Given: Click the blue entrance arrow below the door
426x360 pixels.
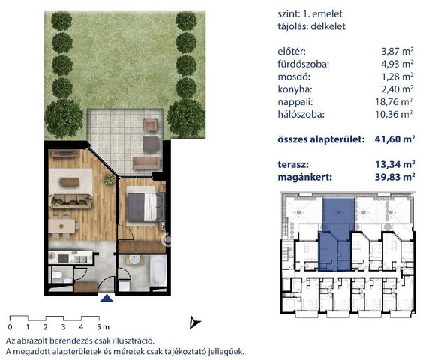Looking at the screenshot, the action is (x=106, y=298).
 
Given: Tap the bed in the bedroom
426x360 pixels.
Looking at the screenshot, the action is (x=146, y=207).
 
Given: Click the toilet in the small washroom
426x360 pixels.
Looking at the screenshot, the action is (x=57, y=275).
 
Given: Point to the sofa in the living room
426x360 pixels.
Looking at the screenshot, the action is (x=71, y=201).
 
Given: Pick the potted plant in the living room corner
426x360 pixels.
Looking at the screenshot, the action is (x=110, y=180).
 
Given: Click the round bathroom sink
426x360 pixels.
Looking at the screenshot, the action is (x=134, y=259).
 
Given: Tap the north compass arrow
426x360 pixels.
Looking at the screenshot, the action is (x=194, y=322).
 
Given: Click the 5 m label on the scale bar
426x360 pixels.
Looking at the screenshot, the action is (x=103, y=327).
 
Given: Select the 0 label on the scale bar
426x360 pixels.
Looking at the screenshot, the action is (x=10, y=327).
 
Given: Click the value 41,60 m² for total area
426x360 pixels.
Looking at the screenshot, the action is (x=394, y=139).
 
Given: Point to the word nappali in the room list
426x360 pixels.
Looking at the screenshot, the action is (x=295, y=102).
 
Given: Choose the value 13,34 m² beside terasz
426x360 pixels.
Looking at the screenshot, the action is (x=395, y=164).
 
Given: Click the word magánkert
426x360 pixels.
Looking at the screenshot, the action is (x=304, y=178).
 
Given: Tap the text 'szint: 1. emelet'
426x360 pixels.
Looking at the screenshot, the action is (x=310, y=13).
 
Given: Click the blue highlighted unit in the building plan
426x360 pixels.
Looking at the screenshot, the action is (x=336, y=235).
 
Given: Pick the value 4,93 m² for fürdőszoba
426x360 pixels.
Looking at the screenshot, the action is (x=397, y=64).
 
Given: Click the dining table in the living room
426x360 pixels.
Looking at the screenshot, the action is (x=62, y=226).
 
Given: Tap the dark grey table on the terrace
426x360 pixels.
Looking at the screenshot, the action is (x=151, y=144).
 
